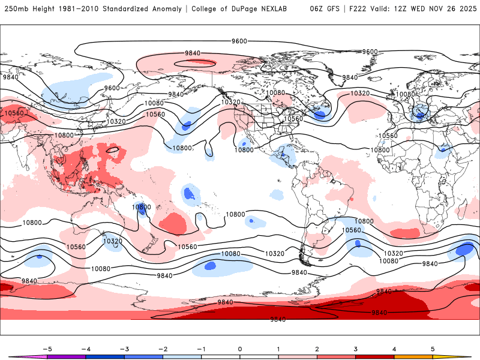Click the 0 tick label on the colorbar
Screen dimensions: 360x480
point(240,348)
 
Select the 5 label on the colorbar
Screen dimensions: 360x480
point(433,348)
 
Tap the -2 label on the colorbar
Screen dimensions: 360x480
point(163,348)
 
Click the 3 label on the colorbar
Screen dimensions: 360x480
point(356,348)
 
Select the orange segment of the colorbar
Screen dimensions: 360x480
point(413,356)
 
